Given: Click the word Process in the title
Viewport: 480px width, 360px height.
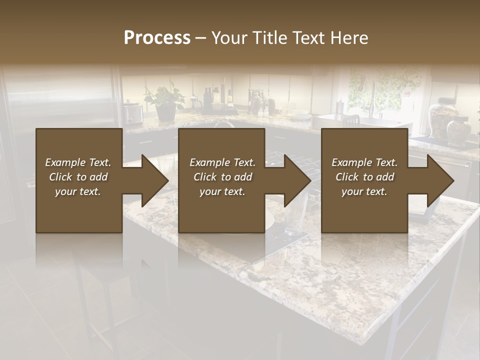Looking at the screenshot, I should click(x=157, y=38).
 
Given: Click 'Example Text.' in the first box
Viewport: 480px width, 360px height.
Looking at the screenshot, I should click(x=78, y=162).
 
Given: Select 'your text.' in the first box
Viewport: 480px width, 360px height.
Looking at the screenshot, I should click(x=78, y=191).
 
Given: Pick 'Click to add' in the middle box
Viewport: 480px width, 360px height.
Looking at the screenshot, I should click(x=222, y=177).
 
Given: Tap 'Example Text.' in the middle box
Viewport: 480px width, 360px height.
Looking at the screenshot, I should click(x=222, y=162).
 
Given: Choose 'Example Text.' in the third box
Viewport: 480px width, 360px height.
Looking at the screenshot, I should click(x=364, y=162).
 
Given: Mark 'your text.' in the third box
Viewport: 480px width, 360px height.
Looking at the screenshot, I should click(x=364, y=191).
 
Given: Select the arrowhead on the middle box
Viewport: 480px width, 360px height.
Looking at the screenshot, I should click(x=296, y=180).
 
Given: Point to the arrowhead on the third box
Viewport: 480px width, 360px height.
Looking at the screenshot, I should click(x=439, y=180).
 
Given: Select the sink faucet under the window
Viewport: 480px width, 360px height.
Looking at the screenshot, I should click(x=372, y=100).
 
